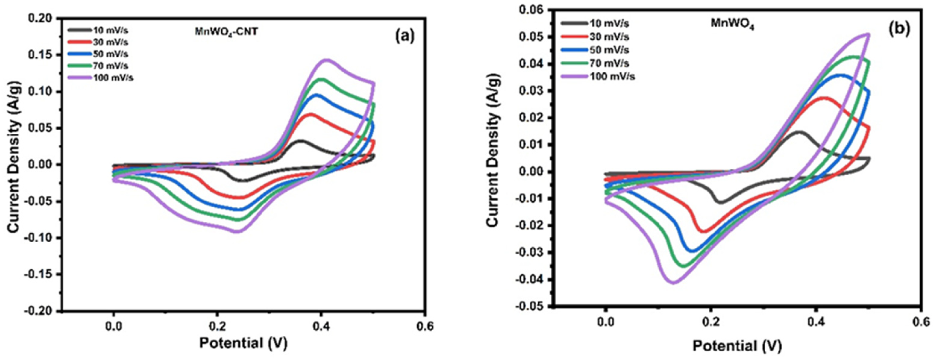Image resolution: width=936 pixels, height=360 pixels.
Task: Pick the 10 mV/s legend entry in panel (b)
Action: [x=595, y=24]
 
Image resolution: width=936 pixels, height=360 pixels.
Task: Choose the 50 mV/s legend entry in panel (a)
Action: [x=98, y=54]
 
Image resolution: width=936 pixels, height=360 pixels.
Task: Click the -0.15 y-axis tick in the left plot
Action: [x=40, y=274]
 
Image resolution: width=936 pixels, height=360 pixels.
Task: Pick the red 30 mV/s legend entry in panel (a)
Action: [x=98, y=42]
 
